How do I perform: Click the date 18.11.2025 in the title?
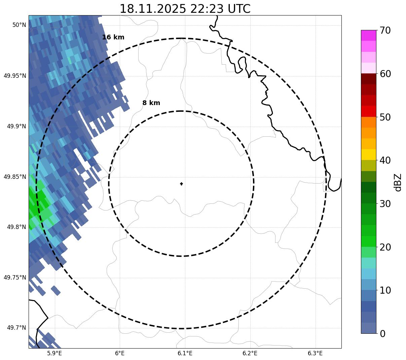(152, 9)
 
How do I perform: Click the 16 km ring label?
(113, 37)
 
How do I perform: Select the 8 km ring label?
(151, 103)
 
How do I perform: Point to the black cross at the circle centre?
(182, 184)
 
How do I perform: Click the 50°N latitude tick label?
(19, 25)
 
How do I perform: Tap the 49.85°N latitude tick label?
(15, 177)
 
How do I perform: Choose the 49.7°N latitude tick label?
(16, 328)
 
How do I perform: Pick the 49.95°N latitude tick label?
(15, 76)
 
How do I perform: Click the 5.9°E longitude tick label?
(54, 353)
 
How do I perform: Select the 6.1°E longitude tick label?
(185, 353)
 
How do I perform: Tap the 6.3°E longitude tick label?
(315, 353)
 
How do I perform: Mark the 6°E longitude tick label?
(120, 353)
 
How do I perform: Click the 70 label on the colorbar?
(385, 30)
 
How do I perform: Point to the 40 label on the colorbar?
(385, 160)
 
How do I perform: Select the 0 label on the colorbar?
(383, 334)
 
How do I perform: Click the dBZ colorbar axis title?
(398, 183)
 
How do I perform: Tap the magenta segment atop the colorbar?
(368, 35)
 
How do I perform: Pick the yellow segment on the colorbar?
(368, 155)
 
